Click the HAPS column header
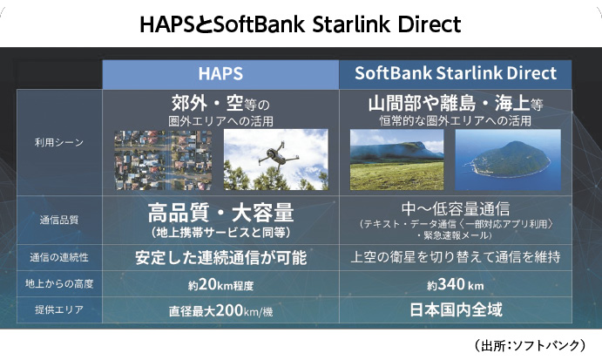click(220, 73)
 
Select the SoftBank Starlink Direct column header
click(456, 73)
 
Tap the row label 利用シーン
click(59, 143)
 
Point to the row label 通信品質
click(59, 220)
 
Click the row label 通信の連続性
click(59, 257)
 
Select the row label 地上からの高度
click(59, 283)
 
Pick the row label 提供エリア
click(59, 309)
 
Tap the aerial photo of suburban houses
click(163, 160)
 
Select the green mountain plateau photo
click(397, 160)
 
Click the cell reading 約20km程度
click(220, 285)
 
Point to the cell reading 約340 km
click(456, 285)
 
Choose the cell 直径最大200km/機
click(220, 310)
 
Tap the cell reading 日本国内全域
click(456, 309)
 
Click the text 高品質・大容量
click(220, 213)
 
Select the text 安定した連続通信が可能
click(220, 257)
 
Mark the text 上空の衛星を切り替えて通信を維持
click(456, 256)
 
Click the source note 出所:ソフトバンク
click(530, 345)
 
